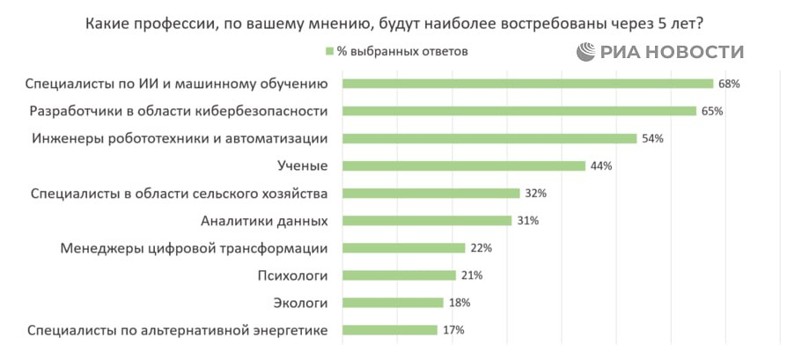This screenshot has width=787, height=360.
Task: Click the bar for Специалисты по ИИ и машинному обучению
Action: pos(527,84)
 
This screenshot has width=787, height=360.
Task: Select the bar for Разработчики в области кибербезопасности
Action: pos(519,111)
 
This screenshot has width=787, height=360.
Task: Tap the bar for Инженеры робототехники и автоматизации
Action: pos(489,138)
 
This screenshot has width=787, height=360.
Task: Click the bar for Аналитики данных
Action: pos(427,220)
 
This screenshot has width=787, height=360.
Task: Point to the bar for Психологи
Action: pos(400,276)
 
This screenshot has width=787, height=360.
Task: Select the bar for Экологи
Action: pos(393,303)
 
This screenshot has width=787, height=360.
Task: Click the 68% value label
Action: pos(730,84)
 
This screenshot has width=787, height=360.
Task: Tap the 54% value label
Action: pos(652,139)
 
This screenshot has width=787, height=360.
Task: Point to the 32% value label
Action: pos(536,194)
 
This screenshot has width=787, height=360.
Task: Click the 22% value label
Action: pos(481,248)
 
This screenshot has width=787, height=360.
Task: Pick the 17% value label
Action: pos(453,330)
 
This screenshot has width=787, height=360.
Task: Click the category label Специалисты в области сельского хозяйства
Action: pos(179,194)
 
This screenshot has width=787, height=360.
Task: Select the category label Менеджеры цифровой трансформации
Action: pos(195,248)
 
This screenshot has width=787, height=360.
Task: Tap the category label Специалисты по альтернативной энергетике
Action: pos(178,330)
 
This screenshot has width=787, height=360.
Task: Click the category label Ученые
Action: pos(302,165)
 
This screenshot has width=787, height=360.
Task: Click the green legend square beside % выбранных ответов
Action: pos(329,51)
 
